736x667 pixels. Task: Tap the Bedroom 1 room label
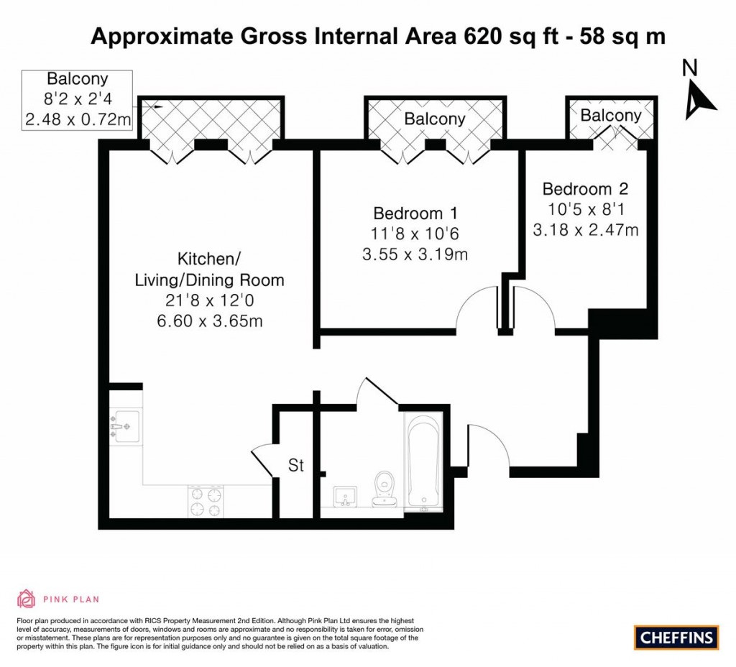(415, 213)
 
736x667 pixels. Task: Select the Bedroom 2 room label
(585, 189)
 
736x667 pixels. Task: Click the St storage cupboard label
(296, 465)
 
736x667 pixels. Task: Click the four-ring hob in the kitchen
(206, 501)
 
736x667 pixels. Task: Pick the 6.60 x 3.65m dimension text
(210, 321)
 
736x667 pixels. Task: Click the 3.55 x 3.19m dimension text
(415, 254)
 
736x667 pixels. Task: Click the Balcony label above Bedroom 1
(434, 119)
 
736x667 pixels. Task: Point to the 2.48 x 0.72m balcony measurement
(78, 119)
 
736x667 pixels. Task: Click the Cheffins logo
(676, 637)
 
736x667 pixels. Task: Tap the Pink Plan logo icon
(27, 599)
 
